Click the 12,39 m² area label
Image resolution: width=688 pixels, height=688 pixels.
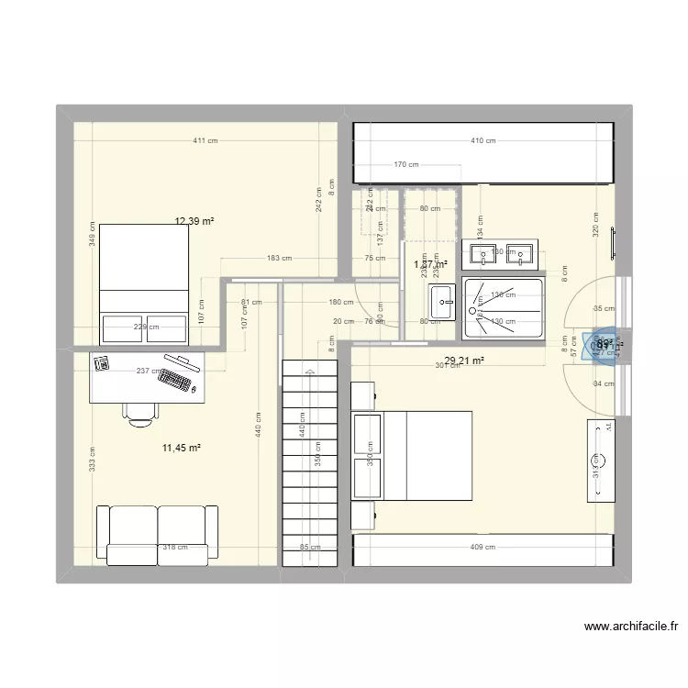coord(194,221)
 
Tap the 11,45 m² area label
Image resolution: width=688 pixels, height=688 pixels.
coord(181,448)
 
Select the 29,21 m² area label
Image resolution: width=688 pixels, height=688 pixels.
coord(463,361)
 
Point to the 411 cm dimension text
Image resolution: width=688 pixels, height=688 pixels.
coord(205,140)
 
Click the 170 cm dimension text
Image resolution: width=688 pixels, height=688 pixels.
coord(405,165)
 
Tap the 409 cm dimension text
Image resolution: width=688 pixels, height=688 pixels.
coord(483,548)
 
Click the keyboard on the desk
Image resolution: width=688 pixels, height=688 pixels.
coord(180,372)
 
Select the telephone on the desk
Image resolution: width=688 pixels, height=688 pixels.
coord(102,364)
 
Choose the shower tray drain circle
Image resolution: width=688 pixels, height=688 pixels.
coord(478,298)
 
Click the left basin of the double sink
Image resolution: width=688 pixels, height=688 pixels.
coord(482,252)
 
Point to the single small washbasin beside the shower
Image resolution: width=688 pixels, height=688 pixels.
coord(442,301)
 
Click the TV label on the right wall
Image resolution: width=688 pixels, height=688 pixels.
coord(606,427)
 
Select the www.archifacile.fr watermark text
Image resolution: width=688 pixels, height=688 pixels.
coord(631,627)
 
